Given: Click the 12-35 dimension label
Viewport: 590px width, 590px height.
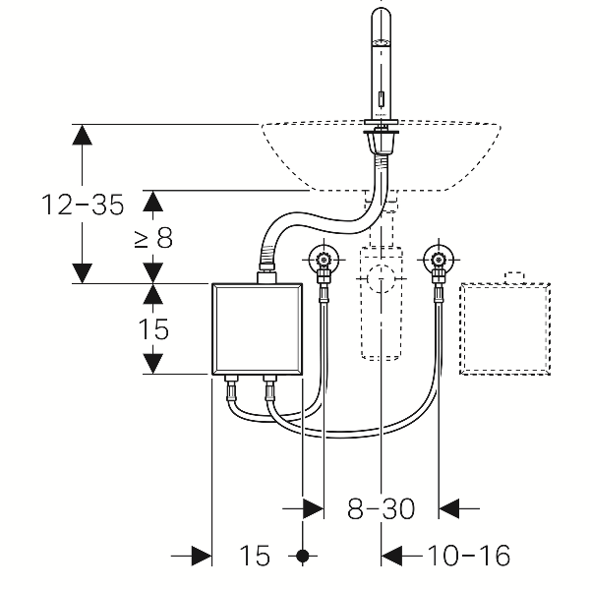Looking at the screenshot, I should (83, 205).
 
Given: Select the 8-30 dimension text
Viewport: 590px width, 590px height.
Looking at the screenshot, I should (381, 508).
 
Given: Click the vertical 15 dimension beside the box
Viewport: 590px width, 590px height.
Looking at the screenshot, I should (154, 328).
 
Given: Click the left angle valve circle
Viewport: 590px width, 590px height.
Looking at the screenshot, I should (322, 262).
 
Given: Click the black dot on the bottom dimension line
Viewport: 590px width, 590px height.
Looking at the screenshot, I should (304, 557).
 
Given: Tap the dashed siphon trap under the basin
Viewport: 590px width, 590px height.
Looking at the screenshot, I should (381, 300).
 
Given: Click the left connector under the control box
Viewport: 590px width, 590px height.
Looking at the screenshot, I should (232, 385).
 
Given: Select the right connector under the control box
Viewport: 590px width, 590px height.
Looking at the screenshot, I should (267, 385).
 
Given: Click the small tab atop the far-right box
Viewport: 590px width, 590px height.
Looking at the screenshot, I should (513, 277).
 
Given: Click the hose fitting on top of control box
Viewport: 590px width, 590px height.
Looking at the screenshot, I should (265, 274).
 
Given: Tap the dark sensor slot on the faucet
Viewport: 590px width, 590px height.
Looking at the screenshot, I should (381, 99).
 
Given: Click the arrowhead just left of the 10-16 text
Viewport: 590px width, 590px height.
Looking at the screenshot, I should (391, 557).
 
